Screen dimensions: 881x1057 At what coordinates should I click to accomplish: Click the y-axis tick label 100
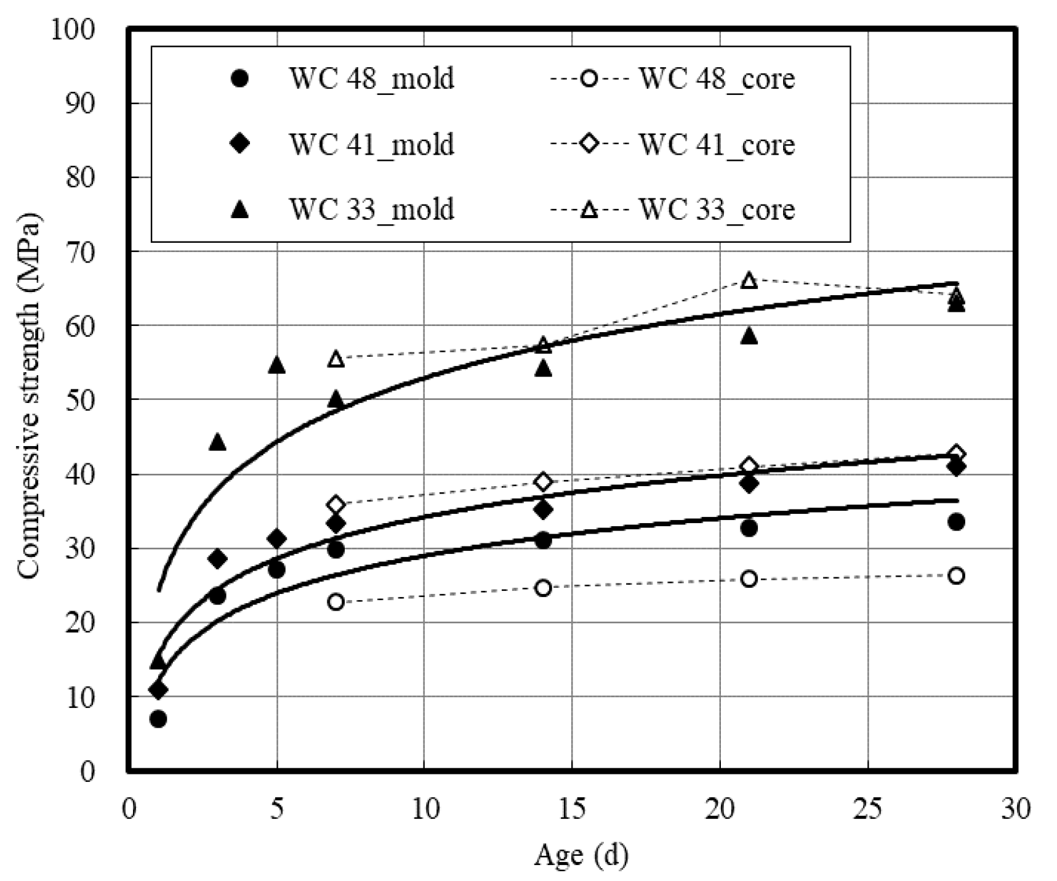coord(73,30)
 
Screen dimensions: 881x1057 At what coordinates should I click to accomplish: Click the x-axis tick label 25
coord(868,809)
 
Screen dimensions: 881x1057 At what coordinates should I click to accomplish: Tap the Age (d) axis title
coord(581,855)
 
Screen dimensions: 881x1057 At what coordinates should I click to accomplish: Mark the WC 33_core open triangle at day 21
coord(749,281)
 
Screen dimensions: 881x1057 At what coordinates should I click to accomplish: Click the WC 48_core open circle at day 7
coord(336,602)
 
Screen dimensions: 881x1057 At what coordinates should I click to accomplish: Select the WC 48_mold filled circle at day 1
coord(158,719)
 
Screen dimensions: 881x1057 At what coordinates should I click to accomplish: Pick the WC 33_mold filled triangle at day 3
coord(217,442)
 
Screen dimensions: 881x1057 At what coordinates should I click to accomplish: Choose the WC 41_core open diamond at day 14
coord(542,481)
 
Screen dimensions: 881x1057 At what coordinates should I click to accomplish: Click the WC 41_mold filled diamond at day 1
coord(158,689)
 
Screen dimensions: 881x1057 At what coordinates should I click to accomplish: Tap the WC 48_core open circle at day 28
coord(956,576)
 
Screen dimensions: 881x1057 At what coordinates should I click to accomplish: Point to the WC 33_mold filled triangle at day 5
coord(276,365)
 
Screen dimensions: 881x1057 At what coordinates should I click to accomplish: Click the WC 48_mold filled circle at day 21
coord(749,528)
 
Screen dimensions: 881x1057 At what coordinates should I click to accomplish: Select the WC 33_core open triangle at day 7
coord(336,359)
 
